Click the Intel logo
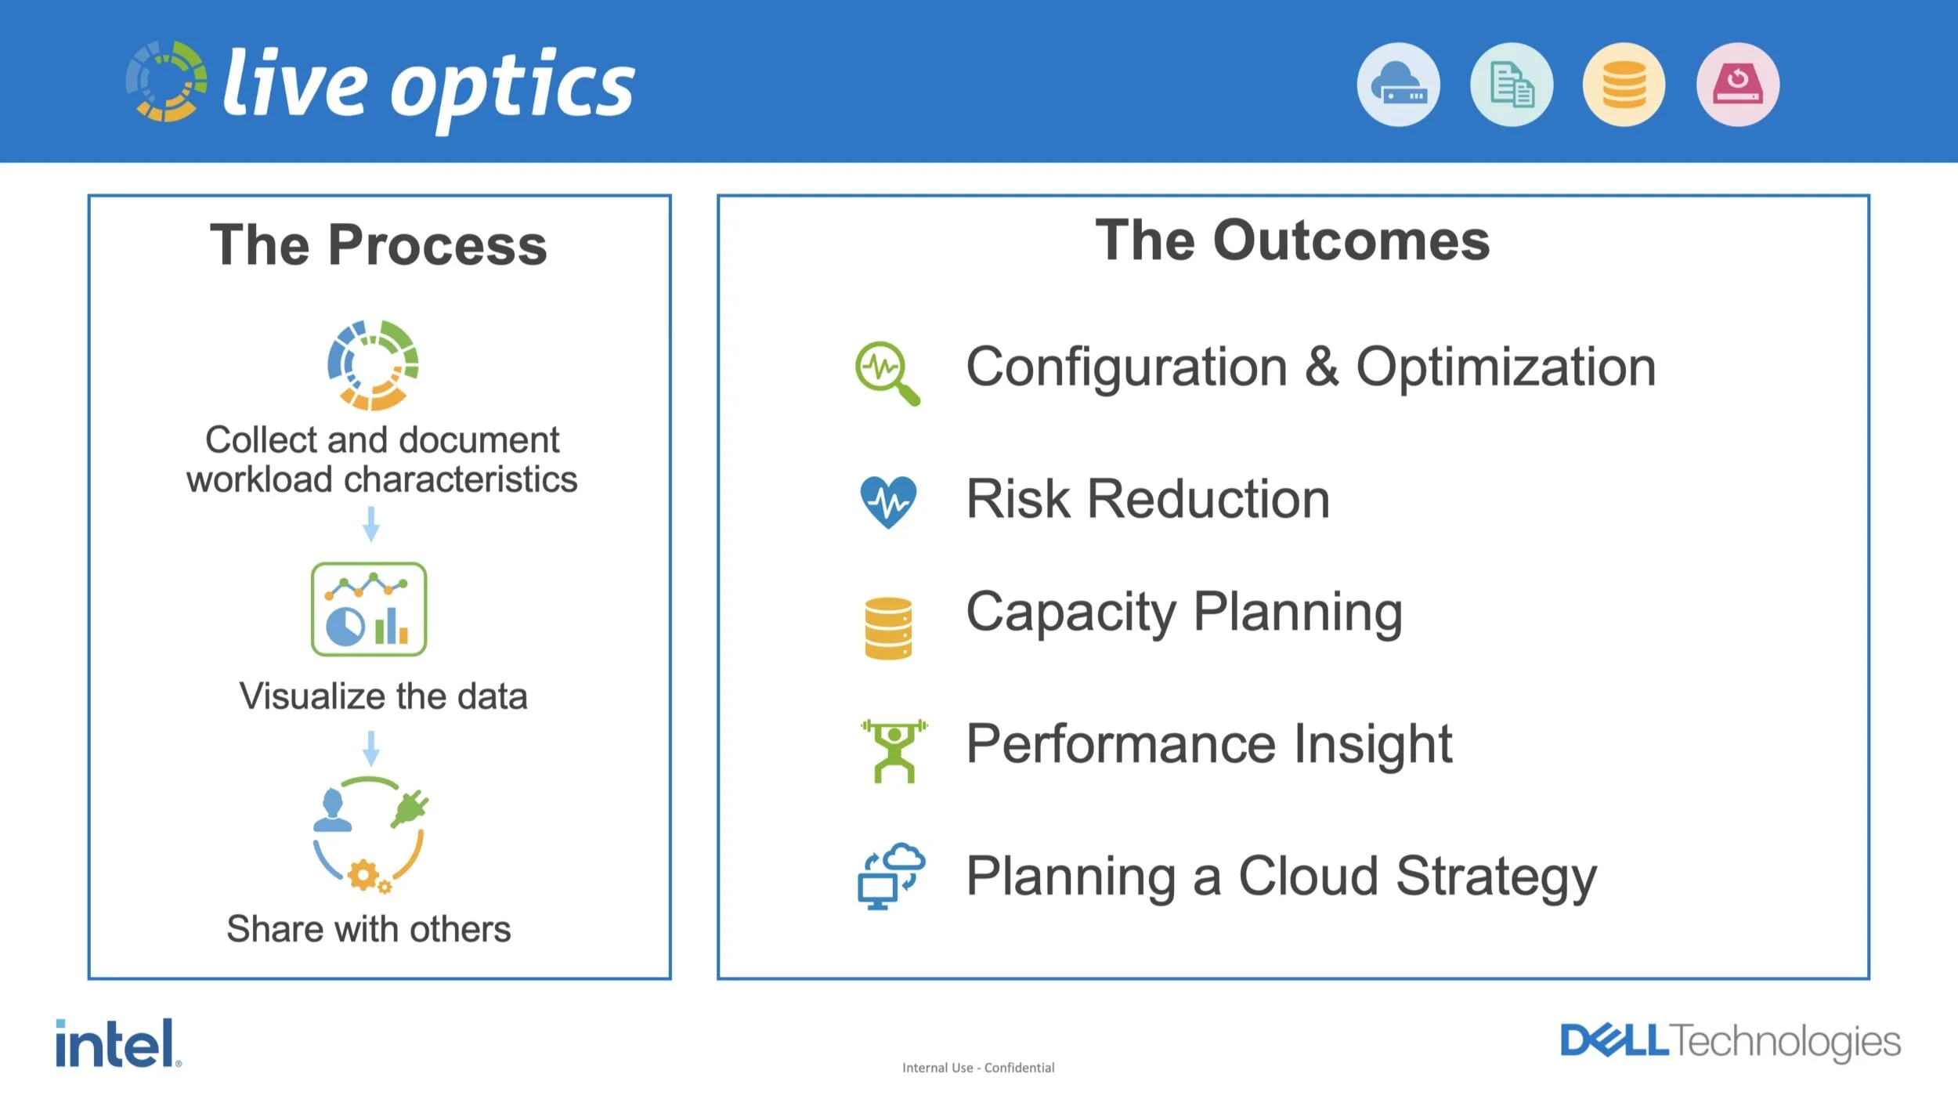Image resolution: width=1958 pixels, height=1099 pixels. pos(118,1043)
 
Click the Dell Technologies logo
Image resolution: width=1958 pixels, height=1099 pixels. pos(1730,1041)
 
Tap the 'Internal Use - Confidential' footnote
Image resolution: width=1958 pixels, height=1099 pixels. pos(978,1068)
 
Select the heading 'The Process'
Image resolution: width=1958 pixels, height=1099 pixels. pos(378,244)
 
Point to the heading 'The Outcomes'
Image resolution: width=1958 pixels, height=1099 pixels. pos(1292,240)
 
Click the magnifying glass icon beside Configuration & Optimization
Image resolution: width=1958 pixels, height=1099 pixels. pos(887,373)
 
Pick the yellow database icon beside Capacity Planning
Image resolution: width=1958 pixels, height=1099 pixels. pos(888,628)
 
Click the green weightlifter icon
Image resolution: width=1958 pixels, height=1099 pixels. pos(894,750)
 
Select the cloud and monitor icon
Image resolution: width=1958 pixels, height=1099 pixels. pos(891,876)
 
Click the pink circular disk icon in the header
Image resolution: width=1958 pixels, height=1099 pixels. pos(1737,85)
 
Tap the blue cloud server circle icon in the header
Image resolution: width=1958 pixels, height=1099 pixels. pos(1398,85)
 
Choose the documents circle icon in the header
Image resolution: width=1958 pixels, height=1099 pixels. pos(1512,85)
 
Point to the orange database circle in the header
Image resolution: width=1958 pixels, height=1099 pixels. pos(1624,85)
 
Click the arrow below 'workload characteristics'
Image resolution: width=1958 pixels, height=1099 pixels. pos(371,524)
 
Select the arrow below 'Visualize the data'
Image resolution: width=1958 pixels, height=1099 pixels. pos(371,748)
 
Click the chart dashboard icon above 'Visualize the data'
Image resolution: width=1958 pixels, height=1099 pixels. pos(369,609)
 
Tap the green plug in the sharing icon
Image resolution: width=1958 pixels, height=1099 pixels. pos(410,808)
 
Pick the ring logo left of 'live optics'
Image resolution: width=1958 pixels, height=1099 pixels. pos(167,81)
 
